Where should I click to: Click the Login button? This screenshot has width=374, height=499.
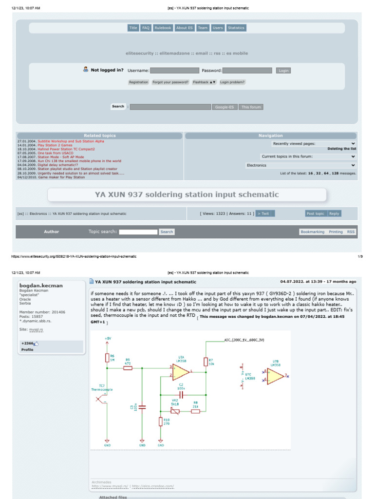pos(283,71)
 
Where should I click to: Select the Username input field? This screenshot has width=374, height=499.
pos(174,71)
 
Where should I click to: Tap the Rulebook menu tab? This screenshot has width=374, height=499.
pos(163,28)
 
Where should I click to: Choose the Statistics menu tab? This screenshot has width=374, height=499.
pos(236,28)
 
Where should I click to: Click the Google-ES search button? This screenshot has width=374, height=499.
pos(224,107)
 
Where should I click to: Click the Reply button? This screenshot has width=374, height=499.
pos(334,213)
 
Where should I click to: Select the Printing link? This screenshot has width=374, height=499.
pos(336,232)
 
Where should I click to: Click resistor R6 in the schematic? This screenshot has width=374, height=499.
pos(107,358)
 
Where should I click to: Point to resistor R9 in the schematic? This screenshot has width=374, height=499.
pos(128,368)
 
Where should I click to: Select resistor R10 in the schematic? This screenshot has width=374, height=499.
pos(161,422)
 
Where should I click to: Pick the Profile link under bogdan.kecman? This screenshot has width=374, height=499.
pos(27,349)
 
